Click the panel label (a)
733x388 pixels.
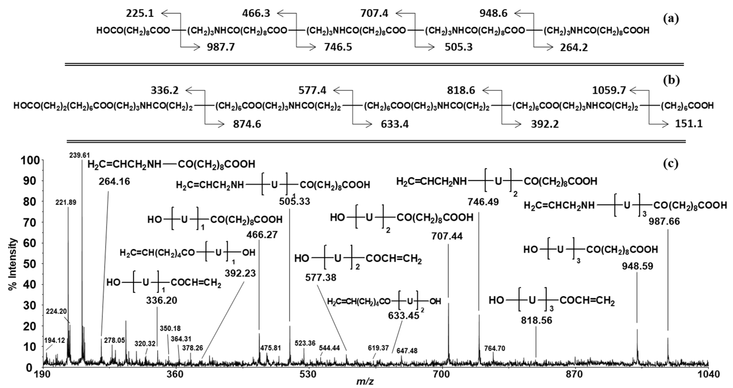(x=671, y=19)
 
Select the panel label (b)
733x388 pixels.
(x=671, y=80)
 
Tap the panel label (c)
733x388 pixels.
(x=671, y=164)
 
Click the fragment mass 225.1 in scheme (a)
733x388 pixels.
(x=140, y=13)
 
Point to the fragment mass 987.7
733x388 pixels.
(x=221, y=47)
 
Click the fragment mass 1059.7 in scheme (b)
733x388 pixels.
(x=609, y=90)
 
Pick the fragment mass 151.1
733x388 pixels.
(x=689, y=124)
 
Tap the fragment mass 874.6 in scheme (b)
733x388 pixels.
(x=247, y=124)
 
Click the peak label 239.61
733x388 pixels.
(x=80, y=155)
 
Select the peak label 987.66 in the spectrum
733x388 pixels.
(x=664, y=221)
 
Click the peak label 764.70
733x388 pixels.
(x=495, y=348)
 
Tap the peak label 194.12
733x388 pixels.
(x=55, y=340)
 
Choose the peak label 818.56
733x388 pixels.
(x=536, y=320)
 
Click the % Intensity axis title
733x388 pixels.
(x=13, y=264)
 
